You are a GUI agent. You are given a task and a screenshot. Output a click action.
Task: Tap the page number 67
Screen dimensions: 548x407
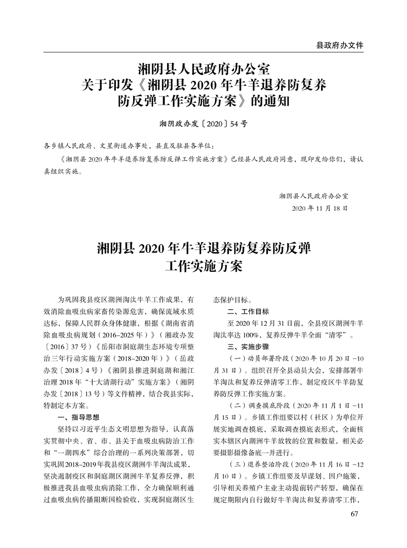355,515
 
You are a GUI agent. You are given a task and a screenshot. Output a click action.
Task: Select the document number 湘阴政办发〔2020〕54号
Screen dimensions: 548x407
203,123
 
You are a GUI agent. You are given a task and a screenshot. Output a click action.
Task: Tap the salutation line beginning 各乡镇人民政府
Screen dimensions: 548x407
130,147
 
